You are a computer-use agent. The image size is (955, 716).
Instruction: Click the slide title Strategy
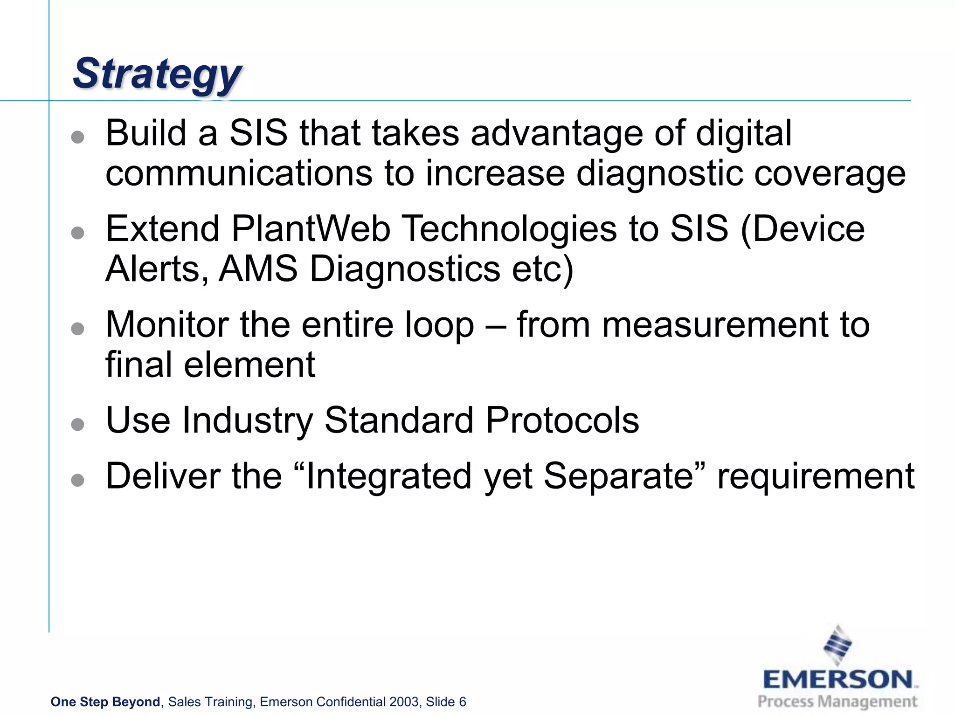click(x=158, y=74)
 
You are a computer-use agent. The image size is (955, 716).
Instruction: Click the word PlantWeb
click(x=311, y=229)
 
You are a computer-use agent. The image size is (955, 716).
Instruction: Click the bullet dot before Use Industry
click(x=78, y=424)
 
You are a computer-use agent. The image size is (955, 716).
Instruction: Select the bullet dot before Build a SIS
click(x=78, y=137)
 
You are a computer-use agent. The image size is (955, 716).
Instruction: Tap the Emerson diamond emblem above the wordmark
click(x=838, y=645)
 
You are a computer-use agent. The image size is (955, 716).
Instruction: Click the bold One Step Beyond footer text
click(x=105, y=702)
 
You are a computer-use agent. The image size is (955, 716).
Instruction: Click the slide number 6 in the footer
click(x=463, y=702)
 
